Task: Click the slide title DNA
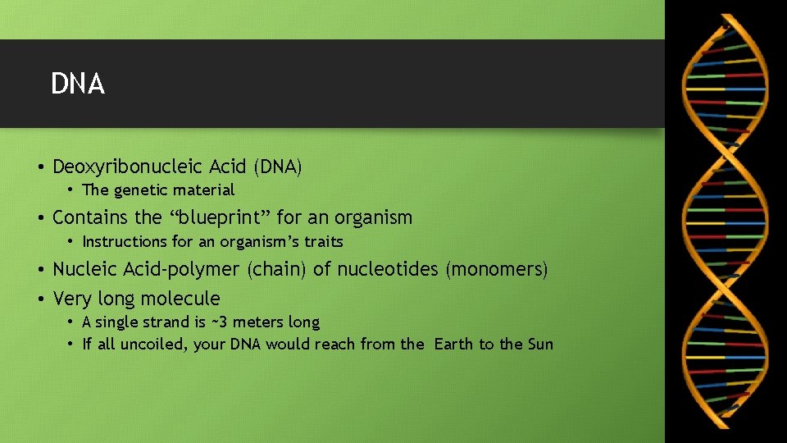[x=78, y=84]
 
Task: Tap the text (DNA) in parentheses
[x=278, y=167]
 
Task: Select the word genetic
[x=139, y=190]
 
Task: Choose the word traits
[x=324, y=242]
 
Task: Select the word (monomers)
[x=497, y=269]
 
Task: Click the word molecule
[x=182, y=299]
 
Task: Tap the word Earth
[x=454, y=345]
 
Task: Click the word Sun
[x=540, y=345]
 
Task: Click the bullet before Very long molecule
[x=40, y=299]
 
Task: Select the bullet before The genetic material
[x=71, y=190]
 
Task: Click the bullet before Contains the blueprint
[x=40, y=217]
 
